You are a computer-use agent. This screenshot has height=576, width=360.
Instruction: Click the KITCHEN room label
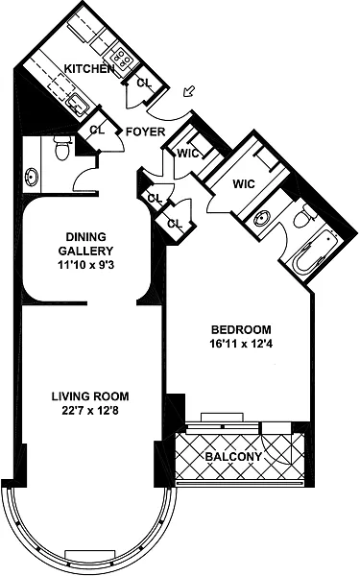pos(89,68)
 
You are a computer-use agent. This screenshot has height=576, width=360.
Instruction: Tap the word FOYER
pos(146,132)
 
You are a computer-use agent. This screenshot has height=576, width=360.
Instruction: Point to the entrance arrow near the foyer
pos(189,91)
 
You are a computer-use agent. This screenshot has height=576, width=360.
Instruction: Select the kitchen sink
pos(77,102)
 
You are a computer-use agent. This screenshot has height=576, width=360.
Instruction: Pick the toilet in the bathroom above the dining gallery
pos(62,149)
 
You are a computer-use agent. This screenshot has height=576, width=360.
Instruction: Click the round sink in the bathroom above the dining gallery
pos(32,178)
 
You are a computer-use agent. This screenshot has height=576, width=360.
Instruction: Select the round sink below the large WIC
pos(262,219)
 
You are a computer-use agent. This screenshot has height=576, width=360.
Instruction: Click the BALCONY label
pos(233,457)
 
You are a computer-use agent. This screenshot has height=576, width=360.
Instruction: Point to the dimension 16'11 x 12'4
pos(241,345)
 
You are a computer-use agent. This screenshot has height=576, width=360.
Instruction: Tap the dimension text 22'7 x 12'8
pos(90,410)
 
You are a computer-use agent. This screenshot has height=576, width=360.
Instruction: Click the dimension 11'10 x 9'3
pos(86,265)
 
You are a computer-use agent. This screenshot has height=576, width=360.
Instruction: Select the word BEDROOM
pos(241,329)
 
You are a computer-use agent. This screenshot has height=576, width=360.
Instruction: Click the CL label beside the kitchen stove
pos(144,83)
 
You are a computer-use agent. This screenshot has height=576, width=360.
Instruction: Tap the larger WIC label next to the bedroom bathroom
pos(244,183)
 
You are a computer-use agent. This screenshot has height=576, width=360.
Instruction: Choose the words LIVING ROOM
pos(90,396)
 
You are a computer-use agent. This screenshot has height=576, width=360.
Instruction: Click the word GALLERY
pos(86,251)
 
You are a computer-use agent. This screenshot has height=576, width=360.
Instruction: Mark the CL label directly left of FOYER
pos(97,130)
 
